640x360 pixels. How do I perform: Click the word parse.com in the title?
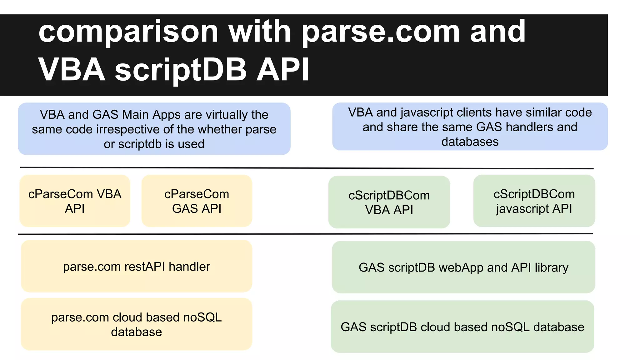click(x=381, y=32)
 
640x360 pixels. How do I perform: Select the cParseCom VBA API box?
click(x=75, y=201)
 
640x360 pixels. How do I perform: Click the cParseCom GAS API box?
click(x=197, y=201)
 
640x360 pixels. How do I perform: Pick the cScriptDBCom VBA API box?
click(x=389, y=202)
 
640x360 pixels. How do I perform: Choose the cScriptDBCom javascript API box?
click(x=534, y=201)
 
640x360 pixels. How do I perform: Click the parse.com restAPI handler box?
click(x=137, y=266)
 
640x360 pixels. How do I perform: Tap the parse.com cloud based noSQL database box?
click(x=137, y=324)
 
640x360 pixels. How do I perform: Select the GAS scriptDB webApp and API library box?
click(x=463, y=267)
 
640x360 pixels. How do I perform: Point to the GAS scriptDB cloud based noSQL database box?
click(x=462, y=327)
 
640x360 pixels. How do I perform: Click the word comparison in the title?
click(x=128, y=32)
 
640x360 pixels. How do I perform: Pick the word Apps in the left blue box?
click(x=169, y=115)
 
